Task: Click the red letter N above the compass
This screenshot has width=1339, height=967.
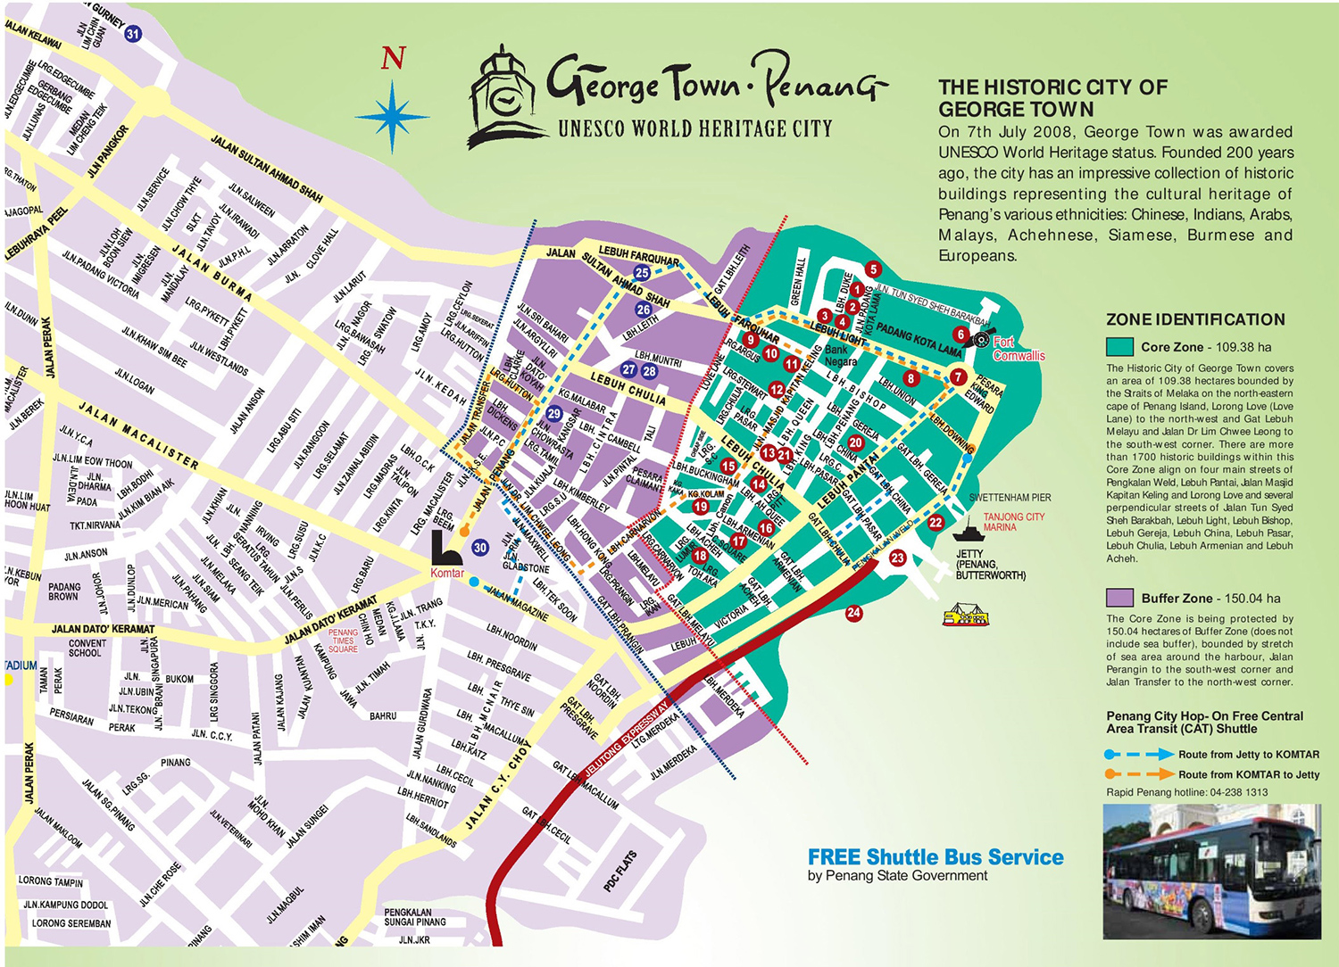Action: pyautogui.click(x=393, y=59)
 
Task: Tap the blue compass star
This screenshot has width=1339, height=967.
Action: pyautogui.click(x=393, y=117)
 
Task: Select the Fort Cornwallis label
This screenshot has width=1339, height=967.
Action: pyautogui.click(x=1018, y=349)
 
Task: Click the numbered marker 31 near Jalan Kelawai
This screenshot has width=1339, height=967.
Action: pyautogui.click(x=133, y=34)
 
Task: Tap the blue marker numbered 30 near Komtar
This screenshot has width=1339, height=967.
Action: pyautogui.click(x=480, y=548)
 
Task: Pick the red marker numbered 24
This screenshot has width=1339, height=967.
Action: pyautogui.click(x=854, y=612)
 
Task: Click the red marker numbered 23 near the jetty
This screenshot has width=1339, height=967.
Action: pyautogui.click(x=897, y=558)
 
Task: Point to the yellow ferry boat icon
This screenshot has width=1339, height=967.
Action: pyautogui.click(x=967, y=615)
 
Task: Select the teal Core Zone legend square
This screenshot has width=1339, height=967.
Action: pyautogui.click(x=1119, y=347)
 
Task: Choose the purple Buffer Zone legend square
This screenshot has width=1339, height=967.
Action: pyautogui.click(x=1119, y=598)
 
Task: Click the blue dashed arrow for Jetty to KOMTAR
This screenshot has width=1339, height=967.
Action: pyautogui.click(x=1139, y=755)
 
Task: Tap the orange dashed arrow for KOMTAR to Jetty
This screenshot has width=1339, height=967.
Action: pyautogui.click(x=1139, y=774)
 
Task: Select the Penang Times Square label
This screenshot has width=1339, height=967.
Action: pyautogui.click(x=343, y=641)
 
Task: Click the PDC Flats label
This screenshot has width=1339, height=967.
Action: pyautogui.click(x=620, y=871)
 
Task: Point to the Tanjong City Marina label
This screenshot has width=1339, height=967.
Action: pyautogui.click(x=1013, y=522)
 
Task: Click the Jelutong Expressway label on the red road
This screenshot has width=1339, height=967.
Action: pyautogui.click(x=626, y=740)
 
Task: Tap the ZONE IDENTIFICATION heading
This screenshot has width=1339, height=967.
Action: pyautogui.click(x=1195, y=319)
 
